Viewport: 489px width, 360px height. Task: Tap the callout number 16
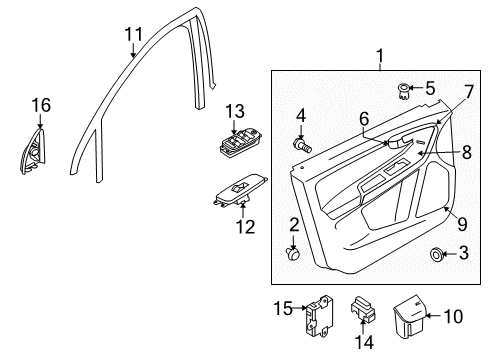[x=39, y=104]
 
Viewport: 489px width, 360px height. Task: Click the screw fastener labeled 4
[x=302, y=145]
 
